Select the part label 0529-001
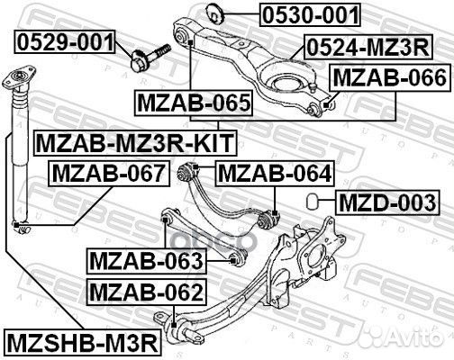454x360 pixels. (x=64, y=41)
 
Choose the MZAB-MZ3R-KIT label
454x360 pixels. (x=133, y=141)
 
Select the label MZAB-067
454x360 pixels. (x=107, y=172)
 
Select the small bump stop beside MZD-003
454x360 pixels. (x=313, y=199)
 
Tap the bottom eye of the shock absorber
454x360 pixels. (x=17, y=225)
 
